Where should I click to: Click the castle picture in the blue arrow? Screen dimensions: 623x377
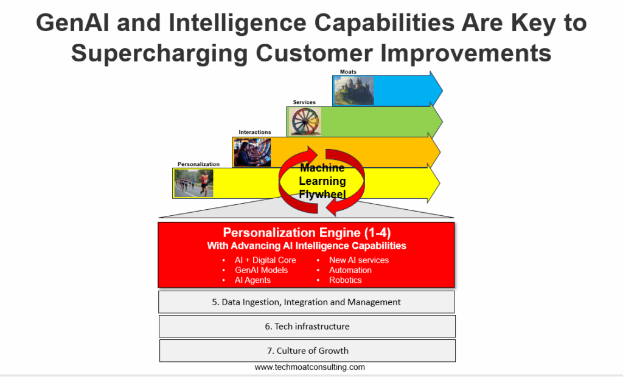pos(353,91)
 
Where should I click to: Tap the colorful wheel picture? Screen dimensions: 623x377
pos(305,122)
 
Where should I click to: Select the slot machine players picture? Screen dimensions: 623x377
pos(252,152)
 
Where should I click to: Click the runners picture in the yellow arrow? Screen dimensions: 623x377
pos(193,183)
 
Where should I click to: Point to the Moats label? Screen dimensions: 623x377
pos(348,72)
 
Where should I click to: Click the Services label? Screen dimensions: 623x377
pos(304,102)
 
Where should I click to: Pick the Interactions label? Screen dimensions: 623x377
pos(255,133)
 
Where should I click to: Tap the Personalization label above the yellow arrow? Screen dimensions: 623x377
pos(198,164)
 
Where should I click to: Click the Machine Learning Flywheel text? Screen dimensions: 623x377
pos(322,181)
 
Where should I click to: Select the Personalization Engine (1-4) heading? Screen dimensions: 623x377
pos(307,232)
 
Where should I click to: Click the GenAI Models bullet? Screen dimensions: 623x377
pos(261,270)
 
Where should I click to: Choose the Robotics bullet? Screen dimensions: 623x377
pos(346,280)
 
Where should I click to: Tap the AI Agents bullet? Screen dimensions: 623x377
pos(252,280)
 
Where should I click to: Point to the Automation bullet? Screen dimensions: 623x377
pos(350,270)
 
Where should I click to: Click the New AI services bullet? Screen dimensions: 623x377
pos(359,260)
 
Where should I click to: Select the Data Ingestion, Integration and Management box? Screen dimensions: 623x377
pos(307,302)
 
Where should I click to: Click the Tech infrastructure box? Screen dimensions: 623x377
pos(307,327)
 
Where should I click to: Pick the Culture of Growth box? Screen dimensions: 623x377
pos(307,351)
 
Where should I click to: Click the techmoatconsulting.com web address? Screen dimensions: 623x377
pos(310,367)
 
